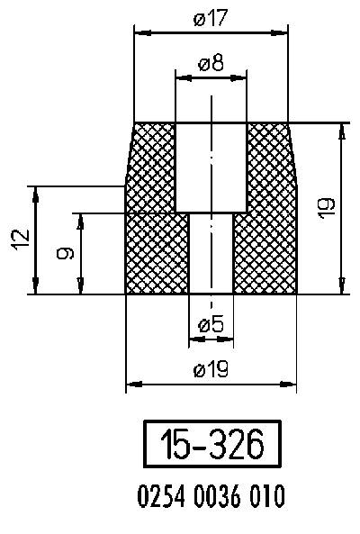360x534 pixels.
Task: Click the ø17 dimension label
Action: [211, 19]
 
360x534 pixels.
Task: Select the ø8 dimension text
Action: [211, 64]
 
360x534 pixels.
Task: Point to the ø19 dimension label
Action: [211, 369]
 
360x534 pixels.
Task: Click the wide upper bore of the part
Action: [211, 167]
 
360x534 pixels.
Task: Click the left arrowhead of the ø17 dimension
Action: [139, 32]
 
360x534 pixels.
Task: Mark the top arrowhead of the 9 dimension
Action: [80, 219]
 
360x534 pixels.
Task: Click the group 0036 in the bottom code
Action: [211, 495]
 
